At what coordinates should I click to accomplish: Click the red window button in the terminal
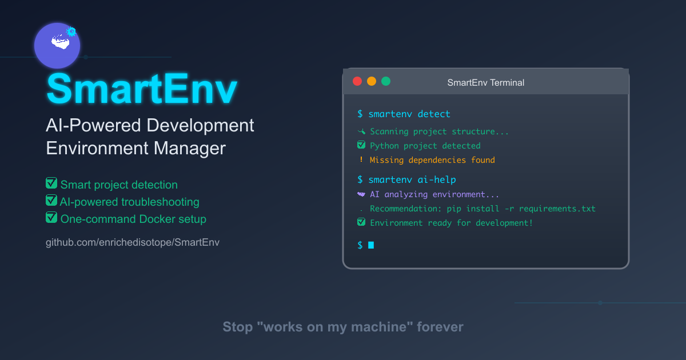coord(358,81)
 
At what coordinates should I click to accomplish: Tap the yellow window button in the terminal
coord(372,81)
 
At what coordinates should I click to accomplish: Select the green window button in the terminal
coord(386,81)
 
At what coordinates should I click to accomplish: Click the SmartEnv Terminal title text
coord(485,82)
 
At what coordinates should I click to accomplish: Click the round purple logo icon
coord(57,46)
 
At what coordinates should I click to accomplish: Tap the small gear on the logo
coord(71,32)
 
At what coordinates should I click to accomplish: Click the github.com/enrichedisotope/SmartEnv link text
coord(133,242)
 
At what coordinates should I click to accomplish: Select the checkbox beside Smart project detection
coord(51,183)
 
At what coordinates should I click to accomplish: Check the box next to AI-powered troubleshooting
coord(51,201)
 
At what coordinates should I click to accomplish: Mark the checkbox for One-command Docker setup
coord(51,218)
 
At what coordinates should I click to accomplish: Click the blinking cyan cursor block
coord(371,245)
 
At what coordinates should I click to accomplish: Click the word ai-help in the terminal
coord(437,179)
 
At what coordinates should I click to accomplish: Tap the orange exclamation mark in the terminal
coord(361,160)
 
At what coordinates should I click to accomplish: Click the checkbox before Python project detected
coord(361,145)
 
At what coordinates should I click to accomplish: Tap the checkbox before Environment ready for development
coord(361,222)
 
